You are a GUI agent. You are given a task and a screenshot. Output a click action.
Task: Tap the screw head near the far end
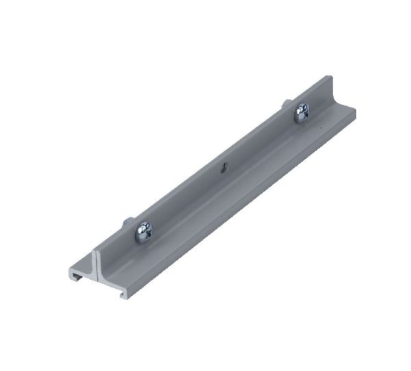pyautogui.click(x=301, y=111)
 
